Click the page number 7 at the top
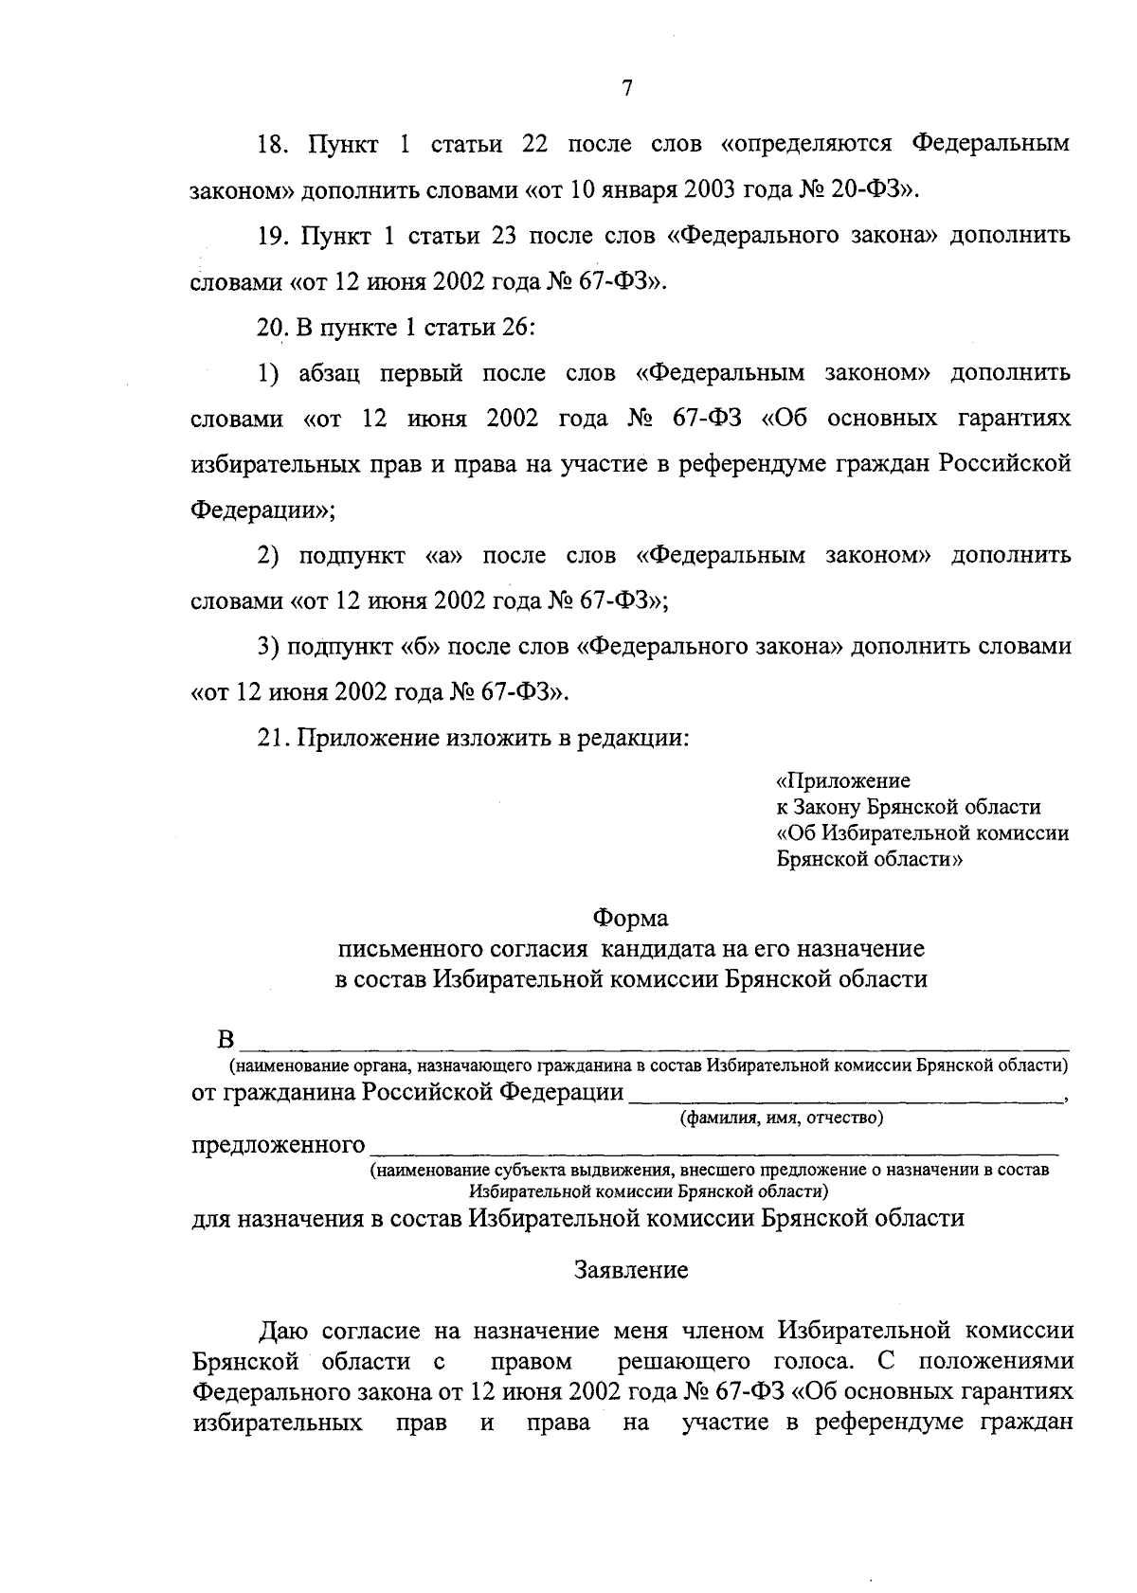tap(626, 88)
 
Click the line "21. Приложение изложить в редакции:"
tap(472, 739)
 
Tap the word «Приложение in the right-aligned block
tap(842, 781)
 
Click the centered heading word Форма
tap(630, 919)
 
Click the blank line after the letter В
tap(654, 1046)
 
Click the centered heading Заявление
tap(631, 1271)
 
